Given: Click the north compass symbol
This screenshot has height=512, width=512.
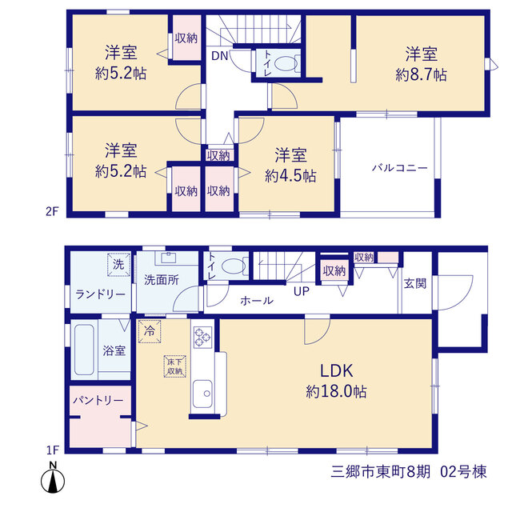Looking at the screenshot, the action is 53,478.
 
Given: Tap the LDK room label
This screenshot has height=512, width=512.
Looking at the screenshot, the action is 336,371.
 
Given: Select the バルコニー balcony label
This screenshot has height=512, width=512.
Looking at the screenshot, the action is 400,168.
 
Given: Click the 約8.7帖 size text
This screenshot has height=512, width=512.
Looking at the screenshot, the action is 422,75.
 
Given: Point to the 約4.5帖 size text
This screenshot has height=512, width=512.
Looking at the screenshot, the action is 290,176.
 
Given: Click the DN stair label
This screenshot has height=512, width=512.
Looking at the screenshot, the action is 219,56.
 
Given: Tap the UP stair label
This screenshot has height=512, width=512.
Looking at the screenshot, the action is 302,291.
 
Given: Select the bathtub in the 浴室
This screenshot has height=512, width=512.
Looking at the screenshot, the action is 84,350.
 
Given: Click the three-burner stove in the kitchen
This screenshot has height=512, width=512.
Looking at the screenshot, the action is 202,338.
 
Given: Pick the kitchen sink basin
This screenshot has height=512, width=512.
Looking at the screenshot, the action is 202,394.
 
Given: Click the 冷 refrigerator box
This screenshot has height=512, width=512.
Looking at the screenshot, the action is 150,331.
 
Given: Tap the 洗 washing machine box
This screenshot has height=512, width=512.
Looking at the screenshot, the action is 118,265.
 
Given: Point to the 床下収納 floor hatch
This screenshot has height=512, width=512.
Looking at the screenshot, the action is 174,366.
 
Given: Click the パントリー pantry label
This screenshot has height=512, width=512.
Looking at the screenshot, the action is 98,400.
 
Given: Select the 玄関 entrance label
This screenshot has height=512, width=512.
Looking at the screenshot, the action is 415,283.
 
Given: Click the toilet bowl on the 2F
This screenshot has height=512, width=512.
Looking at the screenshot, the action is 286,63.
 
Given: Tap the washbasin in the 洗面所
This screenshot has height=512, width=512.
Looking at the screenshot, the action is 168,257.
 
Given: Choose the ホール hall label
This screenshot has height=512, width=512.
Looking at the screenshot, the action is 257,301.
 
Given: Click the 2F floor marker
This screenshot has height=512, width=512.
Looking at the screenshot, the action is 51,211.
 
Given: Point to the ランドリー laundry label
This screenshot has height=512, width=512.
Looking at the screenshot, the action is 100,294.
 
